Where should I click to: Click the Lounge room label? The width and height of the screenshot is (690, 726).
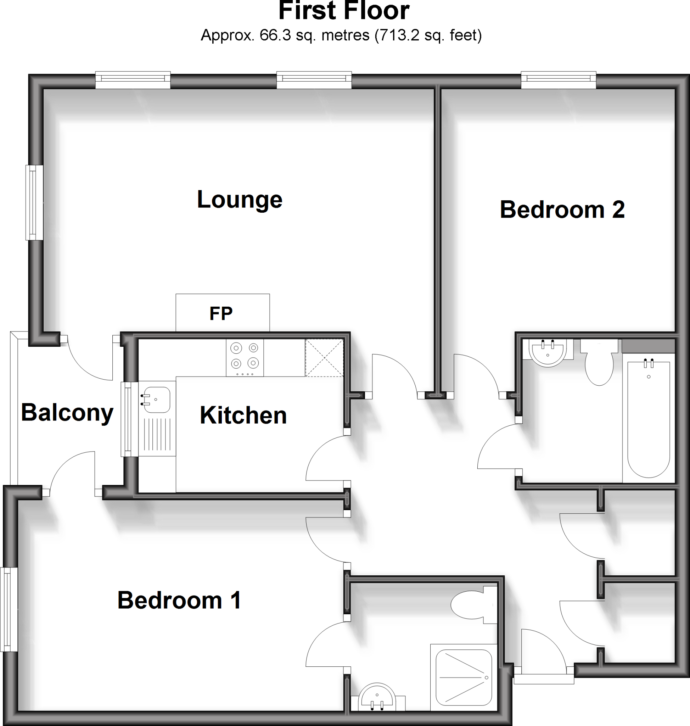point(240,200)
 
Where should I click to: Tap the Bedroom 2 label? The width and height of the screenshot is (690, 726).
point(562,210)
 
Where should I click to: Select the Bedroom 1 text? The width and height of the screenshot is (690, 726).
point(179,600)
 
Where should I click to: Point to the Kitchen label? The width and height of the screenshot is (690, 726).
point(243,415)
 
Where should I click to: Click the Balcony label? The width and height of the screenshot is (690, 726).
point(67,413)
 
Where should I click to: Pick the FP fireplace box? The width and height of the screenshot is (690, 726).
point(223,313)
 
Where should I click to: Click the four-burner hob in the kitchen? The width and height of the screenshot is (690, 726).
point(245,358)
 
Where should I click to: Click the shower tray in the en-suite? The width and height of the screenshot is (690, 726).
point(464,677)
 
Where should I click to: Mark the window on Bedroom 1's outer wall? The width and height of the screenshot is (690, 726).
point(9,609)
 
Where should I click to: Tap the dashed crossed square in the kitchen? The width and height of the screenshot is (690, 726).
point(324,358)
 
